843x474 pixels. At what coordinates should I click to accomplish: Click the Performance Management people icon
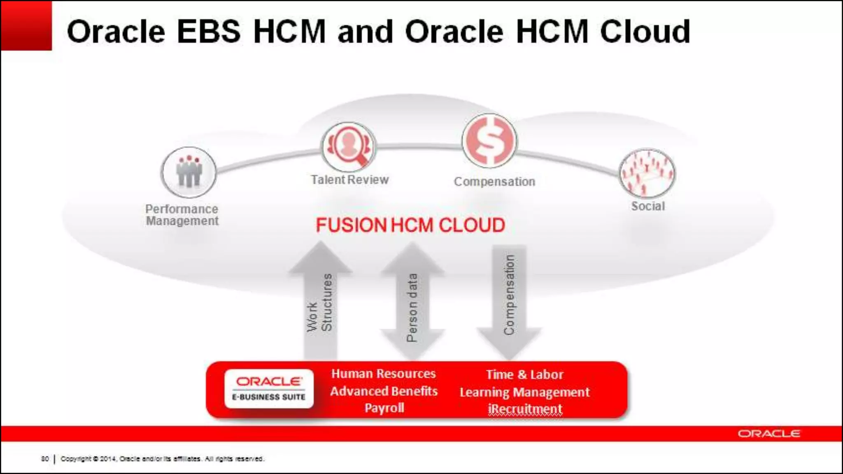189,172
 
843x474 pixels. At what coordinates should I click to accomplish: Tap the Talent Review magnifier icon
348,147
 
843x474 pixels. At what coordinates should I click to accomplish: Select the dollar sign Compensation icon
489,141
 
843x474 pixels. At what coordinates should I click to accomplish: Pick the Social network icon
647,173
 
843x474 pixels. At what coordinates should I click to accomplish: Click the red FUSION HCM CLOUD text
410,225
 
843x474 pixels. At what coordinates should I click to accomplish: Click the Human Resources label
383,374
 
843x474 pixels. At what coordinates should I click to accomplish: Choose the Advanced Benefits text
384,391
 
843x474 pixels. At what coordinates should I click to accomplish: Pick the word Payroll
384,408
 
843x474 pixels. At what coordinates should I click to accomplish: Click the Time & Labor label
524,374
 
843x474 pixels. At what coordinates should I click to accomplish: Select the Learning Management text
524,392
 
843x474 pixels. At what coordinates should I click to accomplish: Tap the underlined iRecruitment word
525,409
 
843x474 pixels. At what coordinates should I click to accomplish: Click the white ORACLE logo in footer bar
768,434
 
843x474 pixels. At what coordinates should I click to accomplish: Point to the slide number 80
45,458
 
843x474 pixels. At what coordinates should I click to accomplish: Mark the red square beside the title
26,26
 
